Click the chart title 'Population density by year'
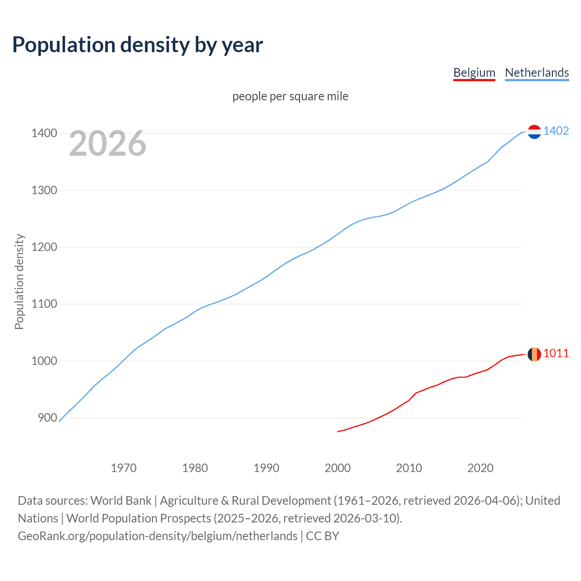click(x=138, y=45)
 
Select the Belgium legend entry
click(x=474, y=73)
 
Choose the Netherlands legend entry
click(x=537, y=73)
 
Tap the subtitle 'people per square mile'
click(x=290, y=96)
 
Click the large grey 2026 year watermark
click(x=108, y=143)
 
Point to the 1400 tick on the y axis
click(x=44, y=133)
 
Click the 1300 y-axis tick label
click(x=44, y=190)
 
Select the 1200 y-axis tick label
click(x=44, y=247)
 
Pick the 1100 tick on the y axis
click(x=44, y=304)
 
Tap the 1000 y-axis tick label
click(x=44, y=361)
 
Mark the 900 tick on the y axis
click(x=47, y=418)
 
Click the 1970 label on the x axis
click(x=123, y=468)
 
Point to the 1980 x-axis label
click(x=195, y=468)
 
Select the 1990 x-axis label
click(x=266, y=468)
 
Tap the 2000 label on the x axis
click(x=338, y=468)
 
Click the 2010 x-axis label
click(x=409, y=468)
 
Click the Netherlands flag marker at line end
click(x=534, y=132)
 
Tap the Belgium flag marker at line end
click(x=534, y=354)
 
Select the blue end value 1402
click(x=556, y=131)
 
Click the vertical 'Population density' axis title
click(x=19, y=281)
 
